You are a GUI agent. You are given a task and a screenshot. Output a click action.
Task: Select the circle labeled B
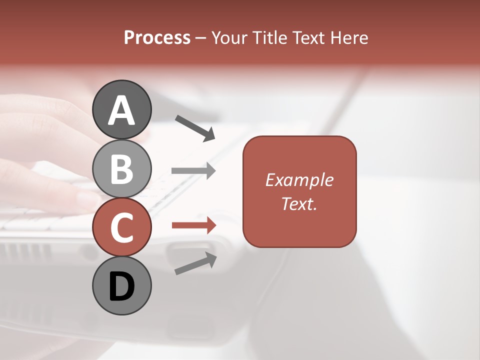coord(121,168)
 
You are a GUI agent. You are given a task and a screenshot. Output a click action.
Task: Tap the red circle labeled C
coord(121,227)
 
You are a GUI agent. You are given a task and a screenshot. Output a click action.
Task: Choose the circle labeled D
coord(121,285)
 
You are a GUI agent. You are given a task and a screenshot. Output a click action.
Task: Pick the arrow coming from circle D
coord(195,263)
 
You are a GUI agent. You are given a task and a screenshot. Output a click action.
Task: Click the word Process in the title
coord(157,37)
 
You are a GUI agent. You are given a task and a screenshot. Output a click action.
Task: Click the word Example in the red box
coord(299,180)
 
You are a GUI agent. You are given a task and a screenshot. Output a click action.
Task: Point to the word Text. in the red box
coord(299,203)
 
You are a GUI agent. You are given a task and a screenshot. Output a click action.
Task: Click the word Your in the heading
coord(230,37)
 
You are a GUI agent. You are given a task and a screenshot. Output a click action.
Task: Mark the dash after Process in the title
coord(201,38)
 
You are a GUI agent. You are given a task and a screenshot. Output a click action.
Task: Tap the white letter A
coord(121,110)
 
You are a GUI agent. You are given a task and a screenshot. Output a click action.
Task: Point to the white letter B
coord(121,169)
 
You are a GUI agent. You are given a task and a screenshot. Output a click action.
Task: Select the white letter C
coord(121,227)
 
